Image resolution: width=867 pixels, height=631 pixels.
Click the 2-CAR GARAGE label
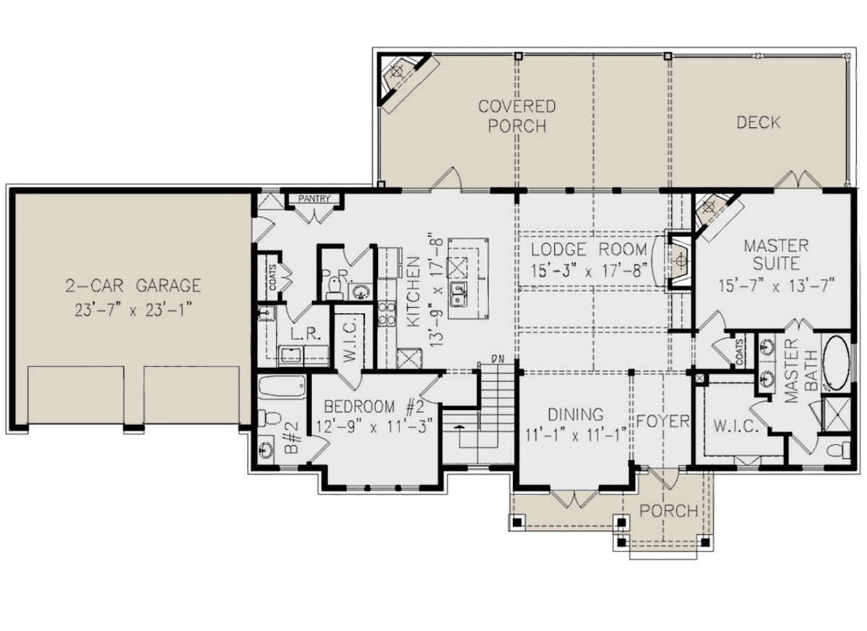click(x=133, y=286)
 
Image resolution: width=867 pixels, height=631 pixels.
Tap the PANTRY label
click(x=314, y=199)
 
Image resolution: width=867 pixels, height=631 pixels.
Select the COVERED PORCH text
click(x=517, y=116)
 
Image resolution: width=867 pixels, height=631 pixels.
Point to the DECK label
click(x=759, y=122)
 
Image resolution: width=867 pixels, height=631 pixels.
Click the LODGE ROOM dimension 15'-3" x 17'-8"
click(x=589, y=270)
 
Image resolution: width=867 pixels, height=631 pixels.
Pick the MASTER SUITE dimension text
click(x=776, y=286)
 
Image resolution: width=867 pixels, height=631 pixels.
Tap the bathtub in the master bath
click(x=836, y=362)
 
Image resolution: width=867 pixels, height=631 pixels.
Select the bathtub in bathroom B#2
click(x=282, y=387)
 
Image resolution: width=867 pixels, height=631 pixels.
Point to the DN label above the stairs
click(x=498, y=359)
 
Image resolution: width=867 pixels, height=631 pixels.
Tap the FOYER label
click(x=663, y=421)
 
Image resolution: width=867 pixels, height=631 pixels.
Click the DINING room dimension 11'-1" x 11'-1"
click(x=576, y=436)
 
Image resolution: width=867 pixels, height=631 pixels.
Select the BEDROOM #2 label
click(x=374, y=406)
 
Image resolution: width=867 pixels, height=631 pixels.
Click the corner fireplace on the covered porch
click(x=402, y=80)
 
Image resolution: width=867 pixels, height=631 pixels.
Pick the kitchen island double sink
click(x=458, y=294)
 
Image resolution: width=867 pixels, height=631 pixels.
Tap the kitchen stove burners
click(x=387, y=314)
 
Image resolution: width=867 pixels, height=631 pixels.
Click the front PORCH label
click(x=669, y=511)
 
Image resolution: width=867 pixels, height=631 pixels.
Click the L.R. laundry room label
click(x=306, y=334)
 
